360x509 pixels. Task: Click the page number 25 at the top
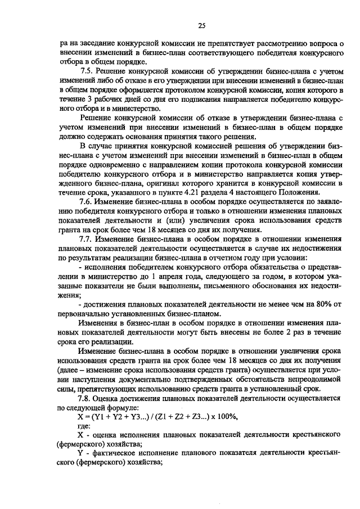pos(202,25)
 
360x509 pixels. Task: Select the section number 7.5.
pos(87,72)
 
